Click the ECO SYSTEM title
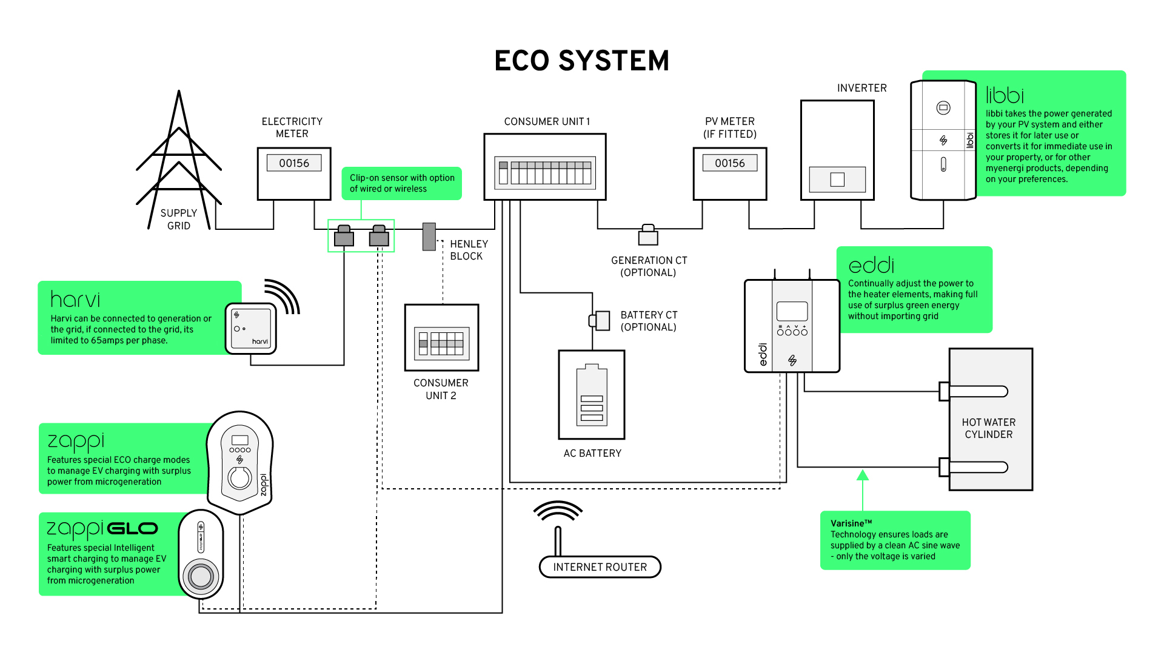(581, 61)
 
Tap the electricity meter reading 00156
(294, 163)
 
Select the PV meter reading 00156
(730, 163)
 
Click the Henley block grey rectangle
(429, 237)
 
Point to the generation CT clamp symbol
(648, 235)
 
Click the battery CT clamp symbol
(601, 320)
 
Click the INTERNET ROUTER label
(600, 567)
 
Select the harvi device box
(251, 328)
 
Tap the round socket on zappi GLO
(201, 576)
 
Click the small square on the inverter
(837, 180)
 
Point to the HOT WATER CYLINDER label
(989, 428)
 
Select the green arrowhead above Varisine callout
(863, 475)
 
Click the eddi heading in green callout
(871, 266)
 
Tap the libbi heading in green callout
(1005, 95)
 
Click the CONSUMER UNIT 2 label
(441, 389)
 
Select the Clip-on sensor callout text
(402, 183)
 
